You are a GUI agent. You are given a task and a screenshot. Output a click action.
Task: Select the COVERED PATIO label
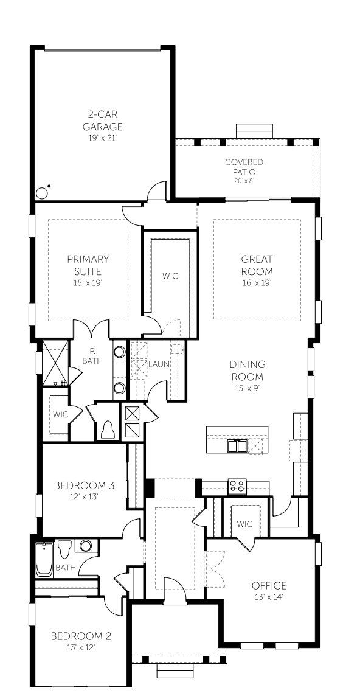(244, 167)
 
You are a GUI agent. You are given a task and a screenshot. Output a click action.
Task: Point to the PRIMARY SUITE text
(88, 265)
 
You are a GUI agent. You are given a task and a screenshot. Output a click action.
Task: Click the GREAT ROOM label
(257, 265)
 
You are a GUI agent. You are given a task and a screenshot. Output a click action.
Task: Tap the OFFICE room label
(269, 585)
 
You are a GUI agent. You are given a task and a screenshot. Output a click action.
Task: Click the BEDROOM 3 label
(84, 485)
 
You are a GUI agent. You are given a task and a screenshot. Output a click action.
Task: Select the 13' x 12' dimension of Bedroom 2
(81, 647)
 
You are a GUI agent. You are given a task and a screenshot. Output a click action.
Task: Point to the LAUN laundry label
(159, 364)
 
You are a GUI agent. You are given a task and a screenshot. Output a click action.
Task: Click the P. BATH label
(92, 356)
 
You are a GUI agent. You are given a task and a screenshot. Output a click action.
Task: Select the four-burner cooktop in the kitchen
(236, 486)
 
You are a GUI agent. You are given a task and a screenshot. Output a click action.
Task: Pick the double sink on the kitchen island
(237, 447)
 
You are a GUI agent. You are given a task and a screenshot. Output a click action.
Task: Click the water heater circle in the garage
(42, 193)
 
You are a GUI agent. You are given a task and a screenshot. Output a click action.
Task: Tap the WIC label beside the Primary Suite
(170, 276)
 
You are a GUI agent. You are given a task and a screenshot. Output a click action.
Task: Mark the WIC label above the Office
(244, 524)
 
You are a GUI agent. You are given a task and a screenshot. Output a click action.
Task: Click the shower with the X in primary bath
(54, 363)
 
